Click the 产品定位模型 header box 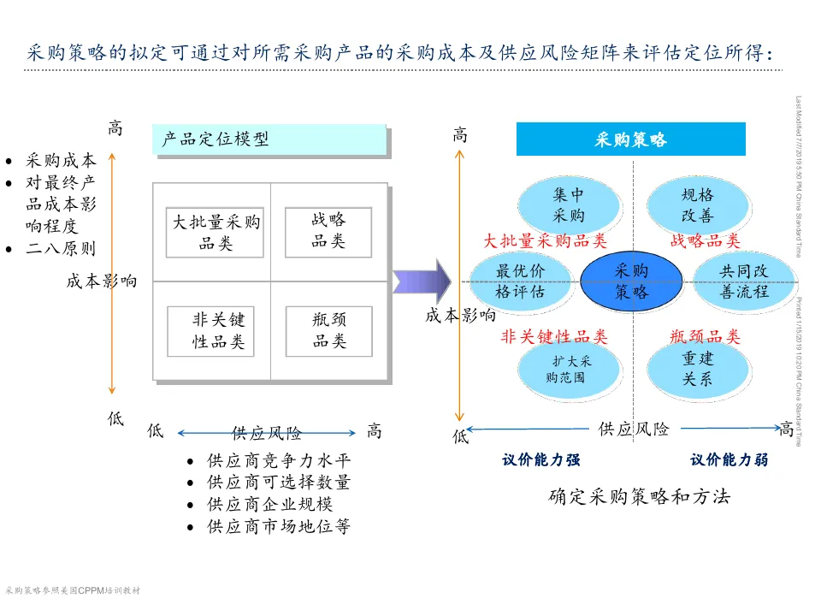[269, 139]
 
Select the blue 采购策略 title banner [630, 139]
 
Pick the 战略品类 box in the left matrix [328, 232]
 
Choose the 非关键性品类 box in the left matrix [218, 331]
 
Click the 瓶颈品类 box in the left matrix [328, 331]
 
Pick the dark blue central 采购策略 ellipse [631, 281]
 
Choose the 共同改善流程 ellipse [743, 281]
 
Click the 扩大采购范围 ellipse [568, 368]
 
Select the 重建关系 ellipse [697, 368]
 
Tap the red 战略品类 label [705, 241]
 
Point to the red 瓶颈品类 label [705, 336]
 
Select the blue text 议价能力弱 [729, 459]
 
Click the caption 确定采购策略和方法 [639, 496]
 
